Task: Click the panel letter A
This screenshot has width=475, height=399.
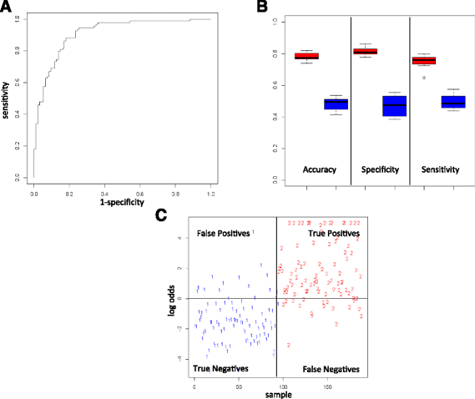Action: click(x=7, y=8)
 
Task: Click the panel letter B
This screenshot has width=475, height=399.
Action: click(x=262, y=8)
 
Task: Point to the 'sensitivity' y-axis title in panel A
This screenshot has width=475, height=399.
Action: click(x=8, y=97)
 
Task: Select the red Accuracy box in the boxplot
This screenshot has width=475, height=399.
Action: click(x=306, y=57)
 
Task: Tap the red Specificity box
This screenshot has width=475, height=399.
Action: click(x=365, y=52)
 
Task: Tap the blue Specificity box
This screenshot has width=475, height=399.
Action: click(x=394, y=106)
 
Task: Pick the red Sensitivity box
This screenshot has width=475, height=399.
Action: click(x=423, y=60)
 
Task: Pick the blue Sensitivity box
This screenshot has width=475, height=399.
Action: click(x=453, y=102)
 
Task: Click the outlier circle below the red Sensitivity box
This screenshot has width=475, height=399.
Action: click(x=423, y=77)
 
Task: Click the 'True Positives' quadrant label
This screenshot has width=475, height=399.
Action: click(x=334, y=235)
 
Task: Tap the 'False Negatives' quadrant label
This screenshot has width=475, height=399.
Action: click(x=331, y=368)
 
